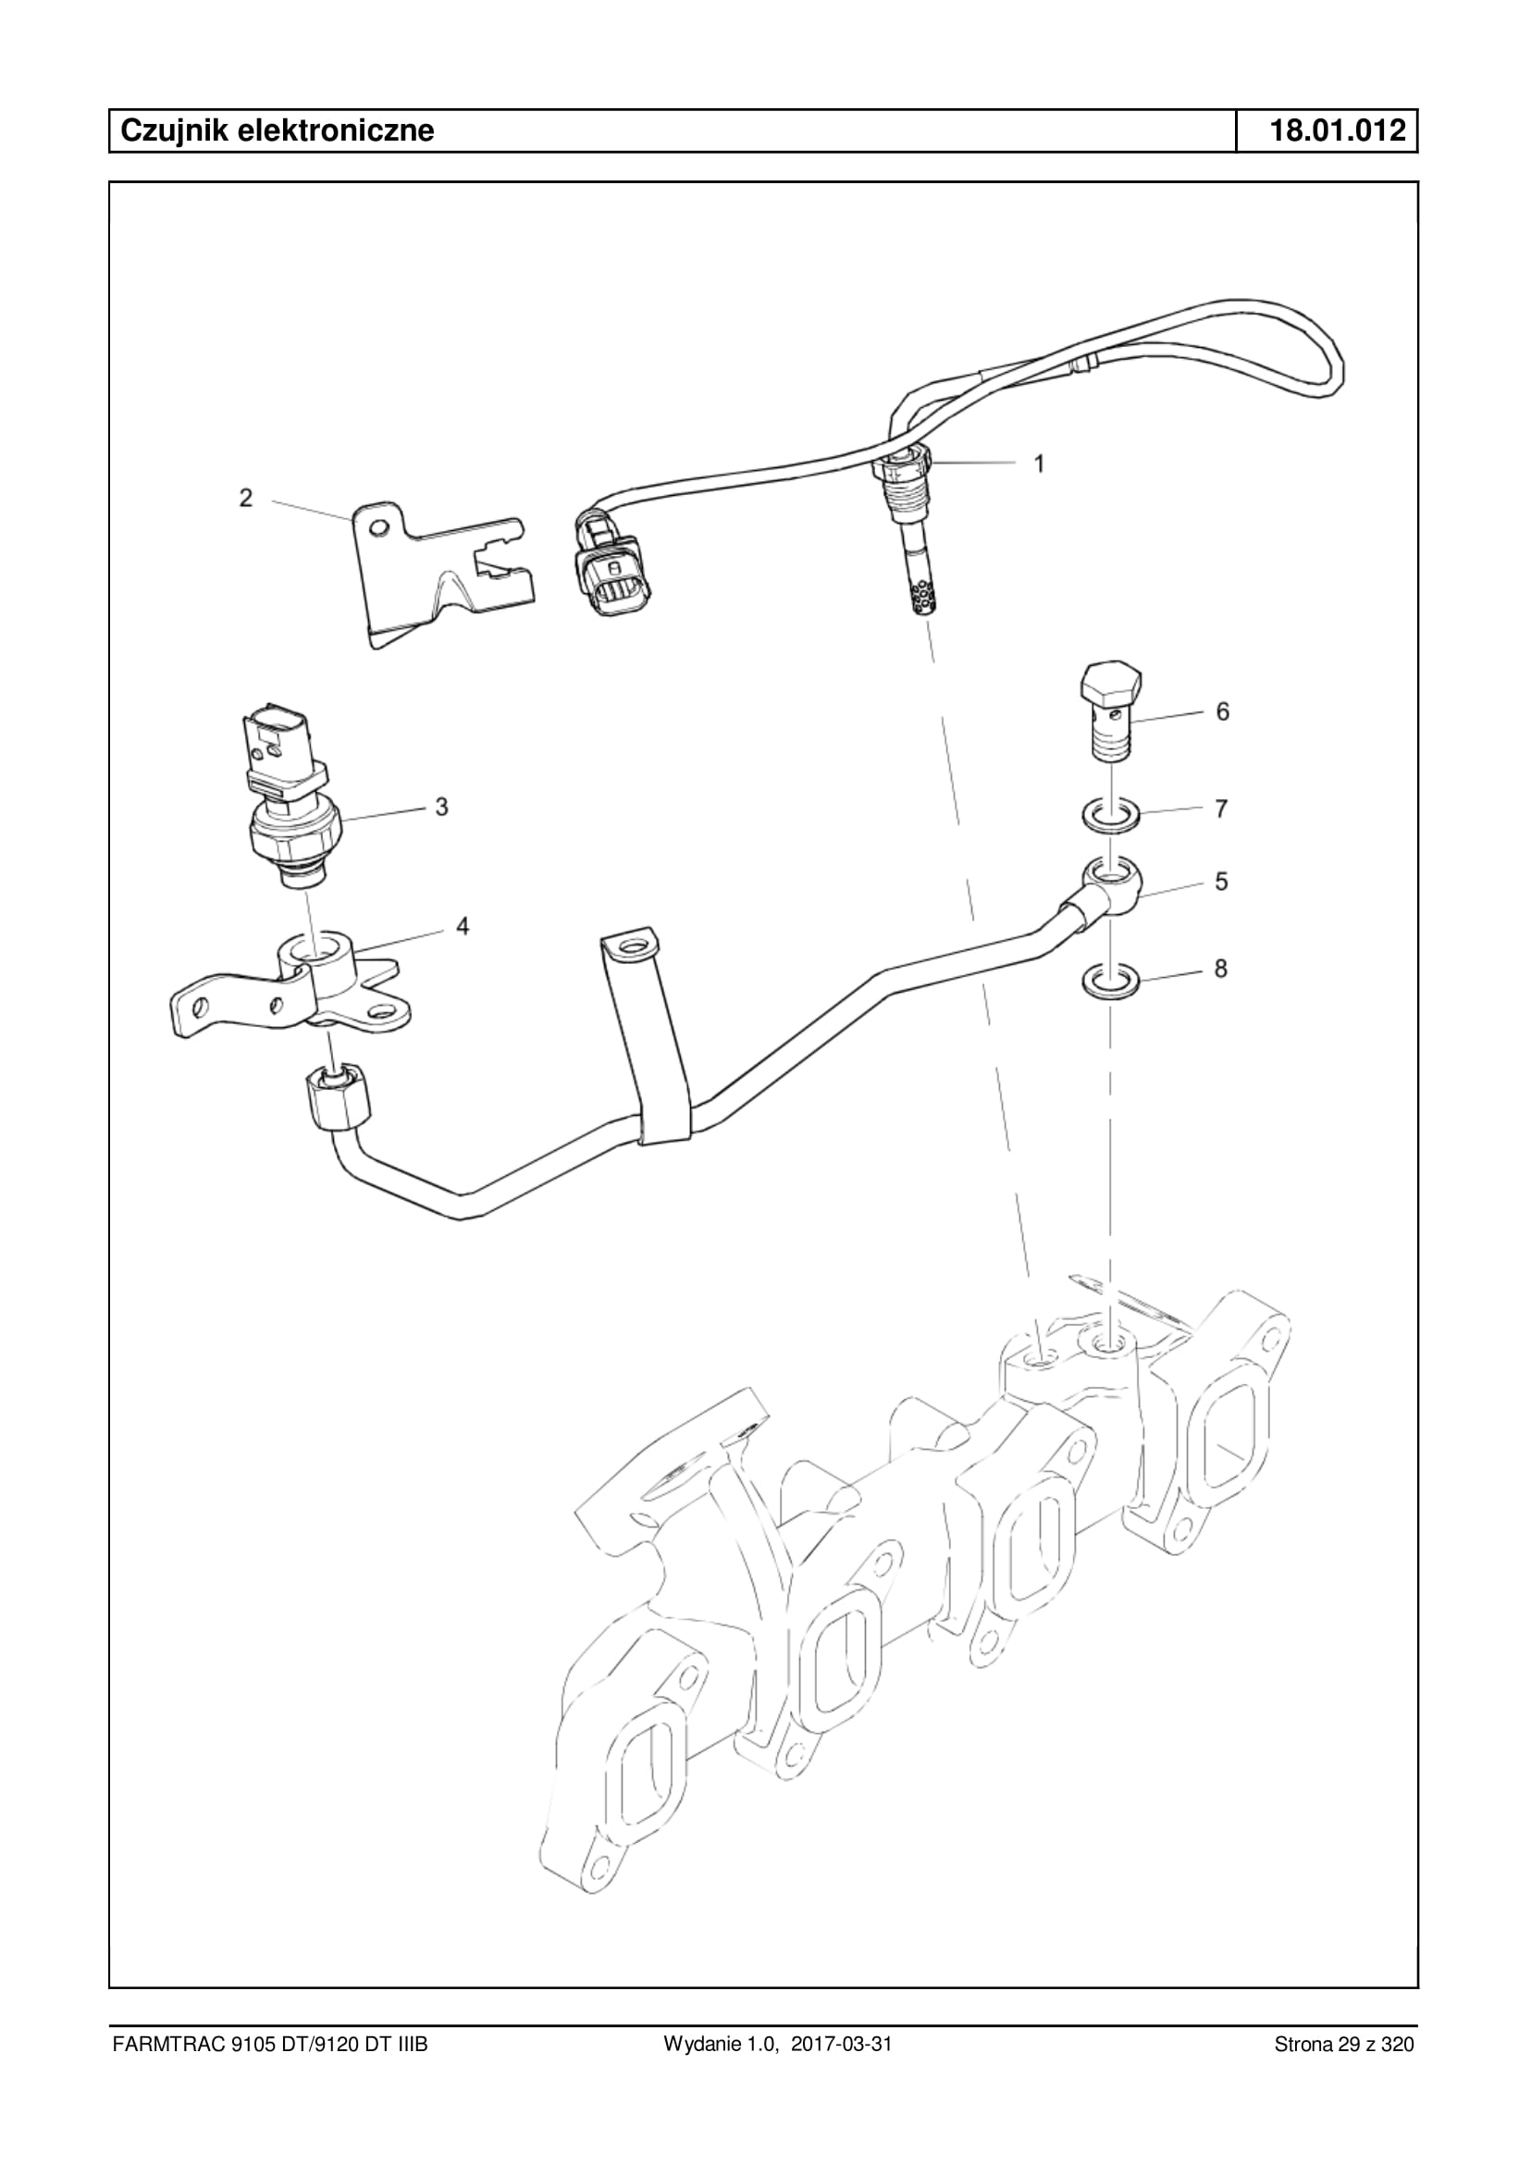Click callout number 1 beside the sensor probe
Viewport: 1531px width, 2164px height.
click(1039, 463)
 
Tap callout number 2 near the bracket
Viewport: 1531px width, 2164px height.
click(246, 498)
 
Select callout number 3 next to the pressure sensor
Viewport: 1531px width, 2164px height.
click(441, 806)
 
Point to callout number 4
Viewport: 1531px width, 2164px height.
click(462, 926)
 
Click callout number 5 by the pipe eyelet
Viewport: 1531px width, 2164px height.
click(1221, 882)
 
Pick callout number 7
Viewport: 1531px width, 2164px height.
click(1221, 808)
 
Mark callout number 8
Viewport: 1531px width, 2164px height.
click(1221, 969)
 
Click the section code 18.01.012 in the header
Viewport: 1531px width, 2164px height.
click(1337, 130)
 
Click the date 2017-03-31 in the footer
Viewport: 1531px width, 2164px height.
click(841, 2070)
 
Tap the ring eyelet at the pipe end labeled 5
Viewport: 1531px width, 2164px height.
click(1112, 879)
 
